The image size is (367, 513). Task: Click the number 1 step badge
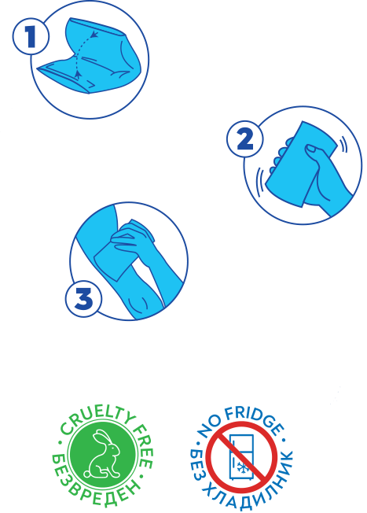tap(31, 37)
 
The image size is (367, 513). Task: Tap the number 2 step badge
tap(244, 139)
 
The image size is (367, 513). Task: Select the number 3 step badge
tap(83, 299)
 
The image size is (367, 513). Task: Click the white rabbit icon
tap(101, 454)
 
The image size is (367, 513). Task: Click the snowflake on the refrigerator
tap(243, 468)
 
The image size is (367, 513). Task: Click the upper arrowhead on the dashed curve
tap(94, 34)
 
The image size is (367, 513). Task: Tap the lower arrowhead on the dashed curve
tap(78, 75)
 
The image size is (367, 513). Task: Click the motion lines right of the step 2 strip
tap(343, 145)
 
